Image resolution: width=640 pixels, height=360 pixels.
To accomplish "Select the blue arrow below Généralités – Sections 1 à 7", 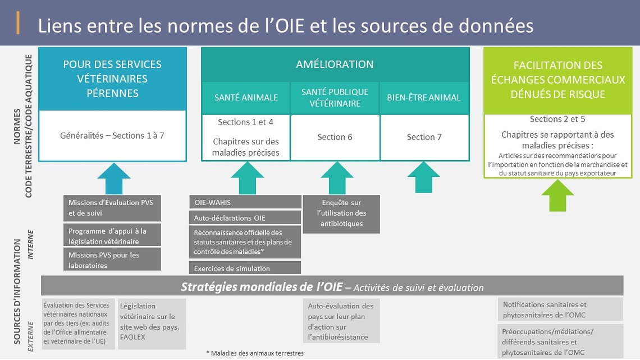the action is click(x=114, y=179).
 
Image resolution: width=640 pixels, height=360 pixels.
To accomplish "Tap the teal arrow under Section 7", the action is click(x=424, y=177).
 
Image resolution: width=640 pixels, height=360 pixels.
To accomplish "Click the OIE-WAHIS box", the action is click(x=245, y=202).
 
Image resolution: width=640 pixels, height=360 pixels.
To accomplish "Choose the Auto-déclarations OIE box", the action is click(x=245, y=217).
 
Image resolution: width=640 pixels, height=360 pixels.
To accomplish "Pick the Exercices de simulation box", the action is click(x=245, y=268).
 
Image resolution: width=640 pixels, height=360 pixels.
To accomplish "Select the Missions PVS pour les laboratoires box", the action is click(x=112, y=259).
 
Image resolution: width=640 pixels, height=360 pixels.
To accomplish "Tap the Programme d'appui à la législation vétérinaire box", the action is click(x=112, y=235).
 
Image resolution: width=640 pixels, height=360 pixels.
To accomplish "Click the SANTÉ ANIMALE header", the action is click(x=246, y=98).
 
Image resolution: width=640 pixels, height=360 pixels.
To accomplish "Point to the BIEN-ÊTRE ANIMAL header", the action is click(x=424, y=98).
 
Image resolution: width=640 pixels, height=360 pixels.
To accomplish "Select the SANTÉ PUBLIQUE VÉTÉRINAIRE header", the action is click(x=335, y=98).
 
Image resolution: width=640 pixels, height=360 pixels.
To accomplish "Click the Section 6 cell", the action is click(x=335, y=137).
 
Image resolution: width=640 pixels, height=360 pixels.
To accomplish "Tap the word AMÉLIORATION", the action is click(x=335, y=64).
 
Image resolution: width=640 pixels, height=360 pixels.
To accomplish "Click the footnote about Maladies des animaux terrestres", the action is click(x=255, y=353).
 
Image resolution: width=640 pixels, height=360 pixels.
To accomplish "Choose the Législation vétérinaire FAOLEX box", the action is click(x=152, y=323).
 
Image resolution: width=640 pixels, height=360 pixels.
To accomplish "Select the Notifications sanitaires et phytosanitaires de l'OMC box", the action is click(x=560, y=309).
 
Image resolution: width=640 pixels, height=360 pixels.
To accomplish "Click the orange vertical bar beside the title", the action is click(x=18, y=23).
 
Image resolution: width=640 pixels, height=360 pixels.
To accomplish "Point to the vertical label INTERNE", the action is click(x=31, y=244).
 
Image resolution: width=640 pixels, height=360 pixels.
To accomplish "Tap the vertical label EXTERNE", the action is click(x=31, y=336).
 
